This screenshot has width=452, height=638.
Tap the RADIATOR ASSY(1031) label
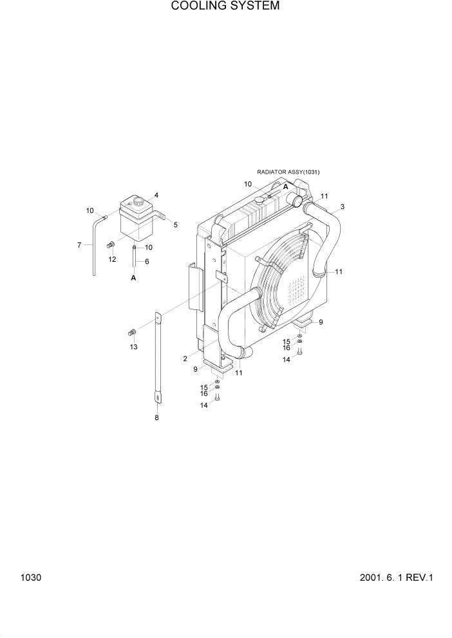(288, 172)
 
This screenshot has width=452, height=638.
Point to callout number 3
(343, 206)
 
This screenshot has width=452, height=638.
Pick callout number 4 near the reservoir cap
(156, 195)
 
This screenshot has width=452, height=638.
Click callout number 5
(175, 224)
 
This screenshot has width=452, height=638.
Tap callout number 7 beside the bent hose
(79, 244)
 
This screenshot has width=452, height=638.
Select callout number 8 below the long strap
(156, 418)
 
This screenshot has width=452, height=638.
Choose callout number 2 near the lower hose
(185, 358)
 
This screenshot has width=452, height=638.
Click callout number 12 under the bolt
(112, 259)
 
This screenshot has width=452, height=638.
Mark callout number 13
(133, 347)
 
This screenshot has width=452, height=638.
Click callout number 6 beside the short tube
(147, 261)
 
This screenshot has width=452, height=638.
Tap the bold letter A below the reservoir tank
(133, 278)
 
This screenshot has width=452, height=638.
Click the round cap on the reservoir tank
(137, 203)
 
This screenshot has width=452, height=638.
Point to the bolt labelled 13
(131, 333)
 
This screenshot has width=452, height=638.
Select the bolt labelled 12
(110, 244)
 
